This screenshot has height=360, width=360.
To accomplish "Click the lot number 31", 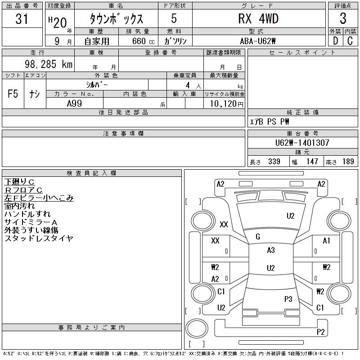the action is [22, 19].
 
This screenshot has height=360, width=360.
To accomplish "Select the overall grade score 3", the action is [343, 19].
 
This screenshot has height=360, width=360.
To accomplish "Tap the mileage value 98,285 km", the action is [49, 64].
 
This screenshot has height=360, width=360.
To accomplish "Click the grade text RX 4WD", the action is [258, 19].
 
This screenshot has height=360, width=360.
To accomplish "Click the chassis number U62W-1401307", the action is [302, 143].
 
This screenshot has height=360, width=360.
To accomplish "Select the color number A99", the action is [74, 103].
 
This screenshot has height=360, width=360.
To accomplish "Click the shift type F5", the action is [13, 94].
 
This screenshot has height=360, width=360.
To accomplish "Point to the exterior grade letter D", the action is [335, 41].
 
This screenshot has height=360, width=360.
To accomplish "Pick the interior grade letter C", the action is [350, 41].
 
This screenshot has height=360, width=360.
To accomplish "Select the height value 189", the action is [348, 162].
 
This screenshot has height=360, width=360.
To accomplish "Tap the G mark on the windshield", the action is [258, 237].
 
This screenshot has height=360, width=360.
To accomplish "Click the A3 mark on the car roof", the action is [270, 250].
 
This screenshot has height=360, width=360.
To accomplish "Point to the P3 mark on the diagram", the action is [288, 299].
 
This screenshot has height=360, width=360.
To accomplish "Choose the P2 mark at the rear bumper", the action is [320, 332].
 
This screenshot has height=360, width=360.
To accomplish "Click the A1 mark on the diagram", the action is [327, 241].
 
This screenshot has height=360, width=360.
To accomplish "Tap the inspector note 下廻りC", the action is [19, 182].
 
